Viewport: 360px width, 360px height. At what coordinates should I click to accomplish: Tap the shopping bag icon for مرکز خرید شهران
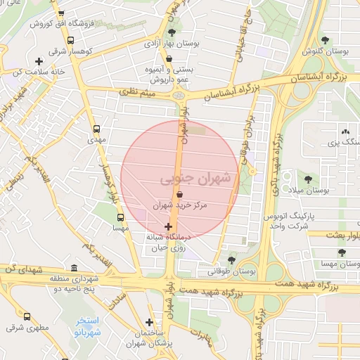tap(180, 194)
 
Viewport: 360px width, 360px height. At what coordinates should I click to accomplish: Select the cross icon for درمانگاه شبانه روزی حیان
tap(167, 226)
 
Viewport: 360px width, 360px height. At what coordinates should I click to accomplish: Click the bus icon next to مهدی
tap(97, 129)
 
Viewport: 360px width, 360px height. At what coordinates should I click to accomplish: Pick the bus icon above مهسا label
tap(120, 217)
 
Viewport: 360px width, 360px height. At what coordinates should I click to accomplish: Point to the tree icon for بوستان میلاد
tap(307, 180)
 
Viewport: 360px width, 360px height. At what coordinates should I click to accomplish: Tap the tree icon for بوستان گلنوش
tap(324, 40)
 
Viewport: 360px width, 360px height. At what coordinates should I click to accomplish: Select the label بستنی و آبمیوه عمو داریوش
tap(167, 70)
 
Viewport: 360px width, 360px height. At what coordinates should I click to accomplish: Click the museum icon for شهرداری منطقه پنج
tap(75, 268)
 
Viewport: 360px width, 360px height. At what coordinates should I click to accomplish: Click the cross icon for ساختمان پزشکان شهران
tap(149, 322)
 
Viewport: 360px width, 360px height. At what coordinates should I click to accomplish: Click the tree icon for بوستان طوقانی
tap(231, 259)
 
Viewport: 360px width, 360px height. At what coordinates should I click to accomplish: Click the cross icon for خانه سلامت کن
tap(39, 61)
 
